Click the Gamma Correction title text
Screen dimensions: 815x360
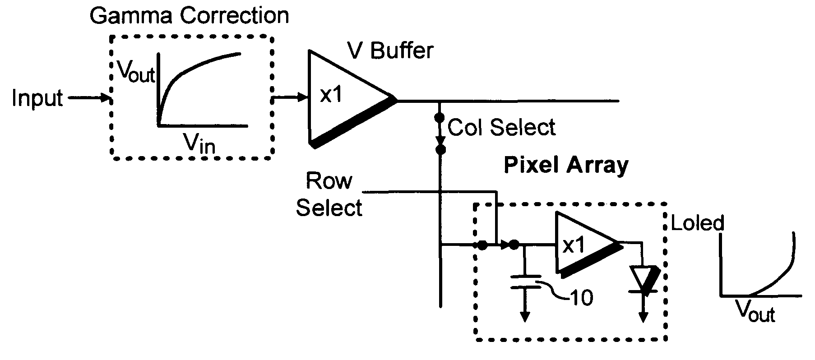[x=189, y=15]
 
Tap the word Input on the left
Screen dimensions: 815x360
[x=37, y=98]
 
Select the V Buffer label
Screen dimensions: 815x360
[x=389, y=50]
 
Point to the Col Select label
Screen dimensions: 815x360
[x=501, y=128]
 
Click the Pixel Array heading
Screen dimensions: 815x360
[x=566, y=166]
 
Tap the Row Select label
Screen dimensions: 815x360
[x=329, y=194]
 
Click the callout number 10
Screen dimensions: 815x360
[x=581, y=298]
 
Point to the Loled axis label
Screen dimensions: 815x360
[x=698, y=223]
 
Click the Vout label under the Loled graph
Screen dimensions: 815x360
[x=755, y=311]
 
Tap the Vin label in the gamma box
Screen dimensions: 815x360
[x=199, y=143]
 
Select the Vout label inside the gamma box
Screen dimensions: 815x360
[x=136, y=71]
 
